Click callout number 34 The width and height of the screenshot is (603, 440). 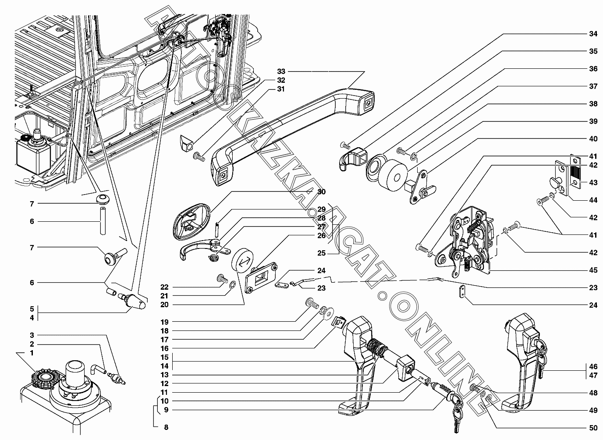[x=592, y=34]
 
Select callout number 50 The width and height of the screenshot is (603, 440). [x=592, y=428]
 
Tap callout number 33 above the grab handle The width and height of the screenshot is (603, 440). [x=281, y=71]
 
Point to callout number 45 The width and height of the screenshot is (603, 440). [x=592, y=270]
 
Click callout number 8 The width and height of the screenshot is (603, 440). [x=165, y=427]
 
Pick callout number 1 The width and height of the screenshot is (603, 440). [x=32, y=353]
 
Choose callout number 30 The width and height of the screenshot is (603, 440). [x=322, y=192]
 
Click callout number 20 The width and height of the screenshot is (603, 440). [x=164, y=305]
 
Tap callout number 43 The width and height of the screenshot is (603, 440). [x=592, y=182]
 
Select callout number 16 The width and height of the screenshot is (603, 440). [x=164, y=348]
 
